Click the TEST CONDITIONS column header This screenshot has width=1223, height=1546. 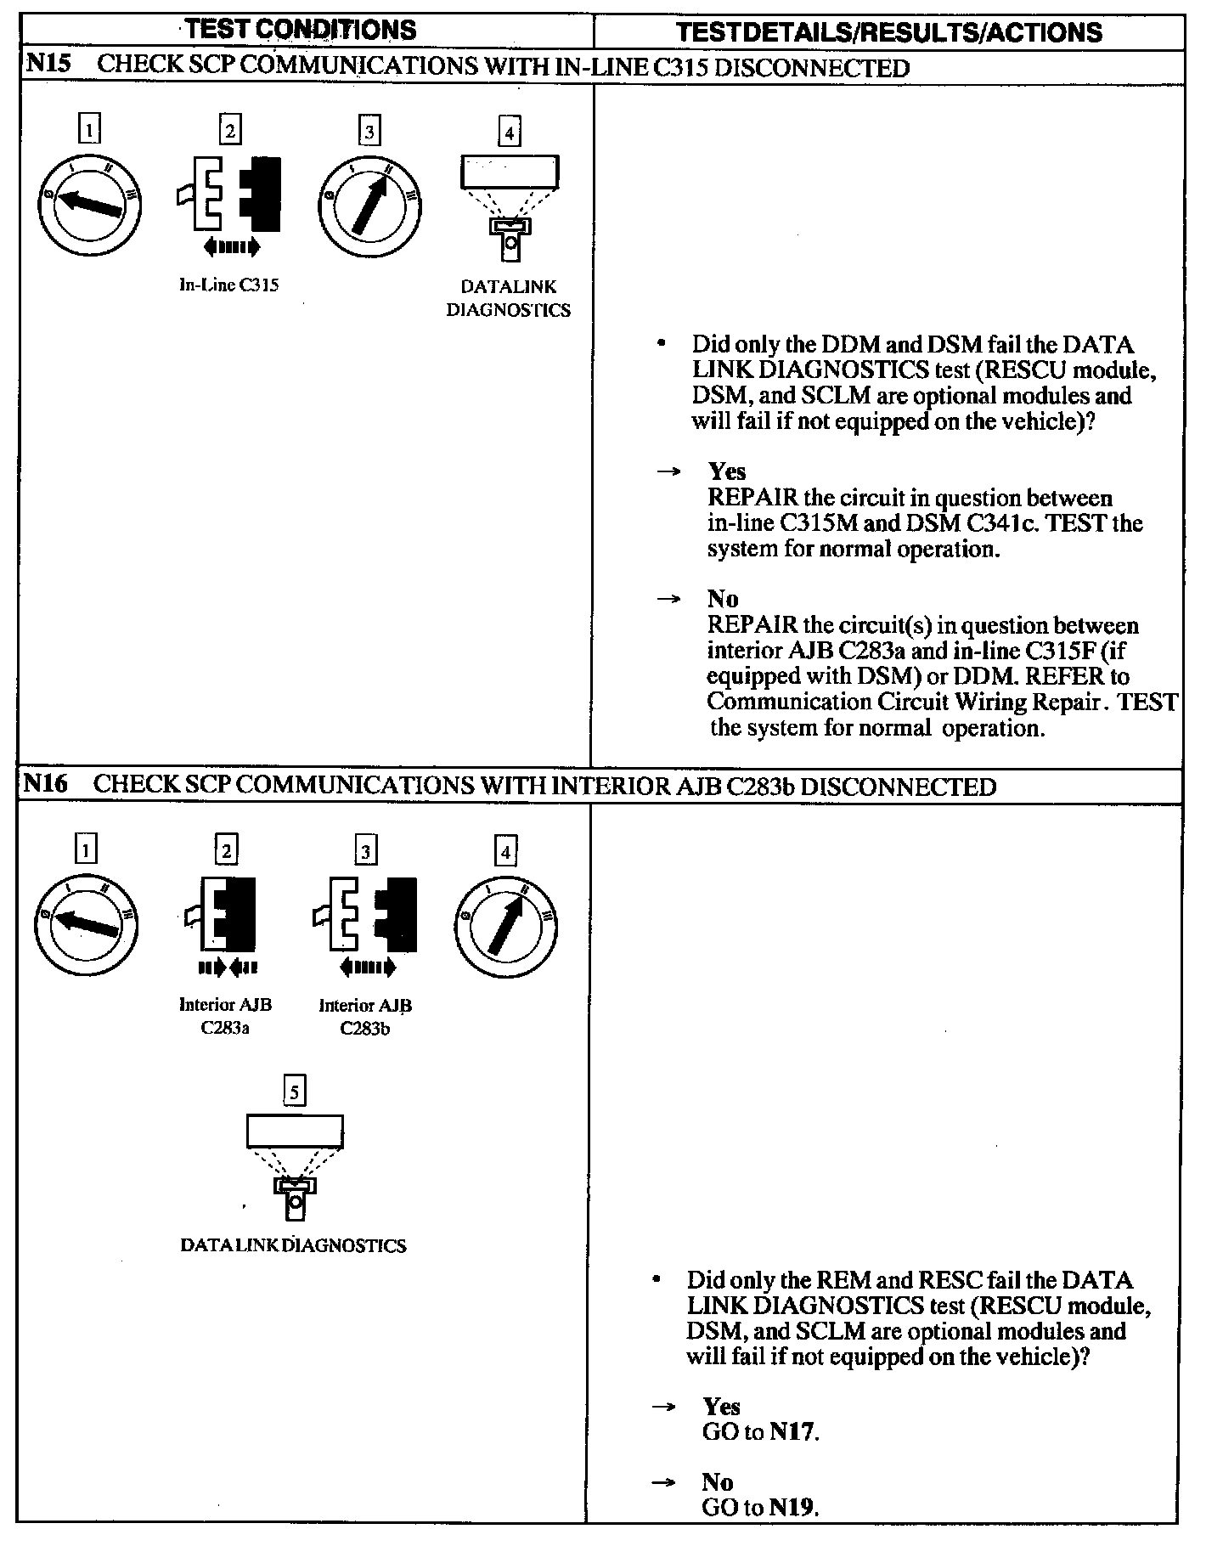[x=301, y=30]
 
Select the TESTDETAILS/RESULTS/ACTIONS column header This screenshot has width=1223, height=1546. [x=889, y=32]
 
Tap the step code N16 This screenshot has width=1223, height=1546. [x=46, y=783]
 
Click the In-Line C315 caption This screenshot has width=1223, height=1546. [x=228, y=285]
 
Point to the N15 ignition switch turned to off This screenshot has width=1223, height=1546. [x=89, y=204]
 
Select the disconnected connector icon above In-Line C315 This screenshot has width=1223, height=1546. [x=230, y=195]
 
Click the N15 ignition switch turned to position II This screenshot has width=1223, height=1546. [x=369, y=204]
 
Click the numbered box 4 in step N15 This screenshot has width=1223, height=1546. [x=509, y=133]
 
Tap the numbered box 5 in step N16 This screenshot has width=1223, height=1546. [x=294, y=1092]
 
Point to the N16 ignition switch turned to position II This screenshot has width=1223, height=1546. [x=506, y=924]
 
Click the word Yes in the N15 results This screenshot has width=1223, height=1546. [x=727, y=471]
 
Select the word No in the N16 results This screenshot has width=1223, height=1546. [x=718, y=1482]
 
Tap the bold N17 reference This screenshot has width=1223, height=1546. [x=792, y=1432]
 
